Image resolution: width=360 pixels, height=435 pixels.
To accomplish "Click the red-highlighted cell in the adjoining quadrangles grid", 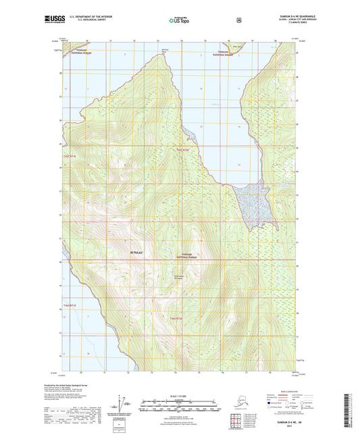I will coord(238,422).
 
